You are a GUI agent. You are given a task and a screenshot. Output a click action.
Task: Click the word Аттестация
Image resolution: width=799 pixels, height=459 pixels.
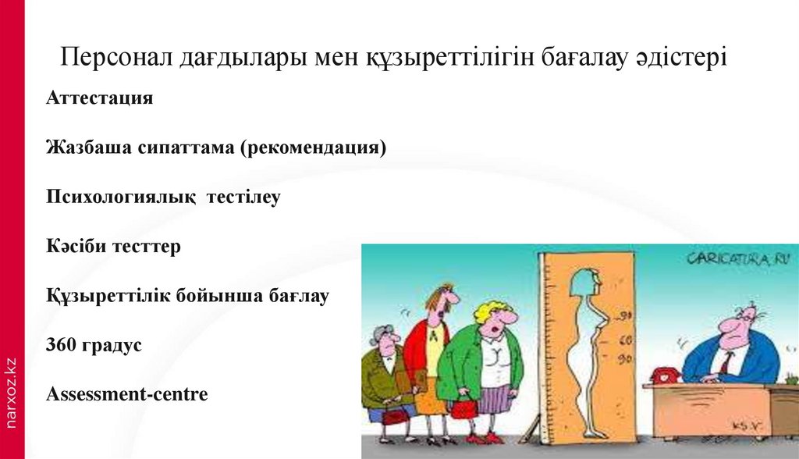coord(99,99)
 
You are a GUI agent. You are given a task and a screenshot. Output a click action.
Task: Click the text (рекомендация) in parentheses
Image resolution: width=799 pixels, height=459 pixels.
coord(313,148)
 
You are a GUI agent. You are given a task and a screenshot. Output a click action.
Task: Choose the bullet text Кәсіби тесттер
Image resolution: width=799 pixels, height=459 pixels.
coord(113,247)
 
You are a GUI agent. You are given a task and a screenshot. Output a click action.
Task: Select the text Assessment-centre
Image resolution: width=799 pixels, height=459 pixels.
coord(127,394)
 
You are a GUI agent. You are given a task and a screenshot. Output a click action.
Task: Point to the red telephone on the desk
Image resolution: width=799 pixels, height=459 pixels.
coord(666,375)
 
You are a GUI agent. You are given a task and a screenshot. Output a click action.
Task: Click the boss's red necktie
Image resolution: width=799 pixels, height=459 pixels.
coord(726,362)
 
